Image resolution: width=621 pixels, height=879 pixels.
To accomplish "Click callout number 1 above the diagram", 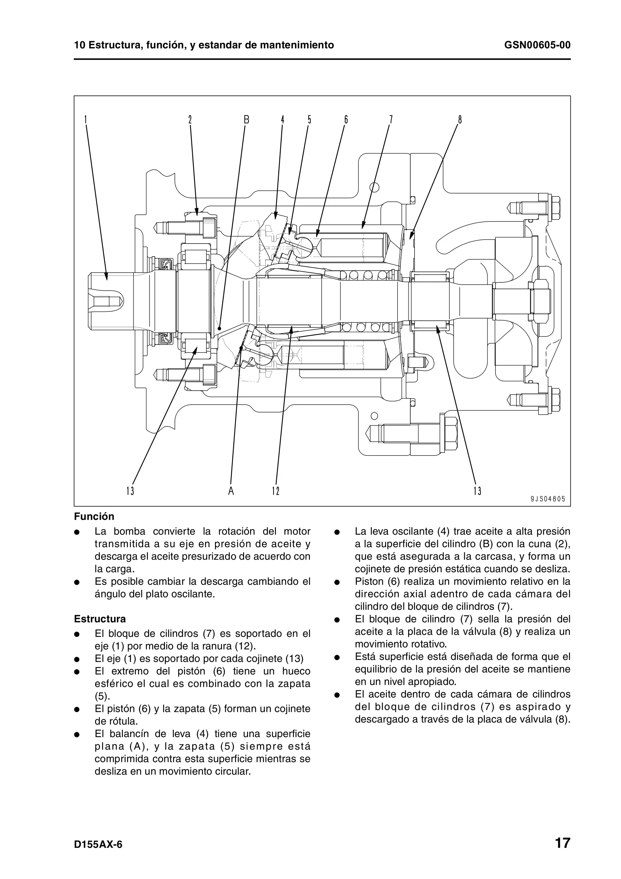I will coord(86,120).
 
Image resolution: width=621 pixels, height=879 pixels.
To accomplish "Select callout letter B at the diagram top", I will coord(247,120).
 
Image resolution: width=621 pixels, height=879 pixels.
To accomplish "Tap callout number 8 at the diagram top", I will coord(460,120).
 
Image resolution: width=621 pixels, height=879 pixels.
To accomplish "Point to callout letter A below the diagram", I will coord(231,491).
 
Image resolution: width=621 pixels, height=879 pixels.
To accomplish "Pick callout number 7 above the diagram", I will coord(391,120).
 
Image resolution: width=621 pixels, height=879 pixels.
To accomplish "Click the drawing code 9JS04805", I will coord(548,499).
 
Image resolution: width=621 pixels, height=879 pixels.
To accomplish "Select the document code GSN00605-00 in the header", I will coord(537,45).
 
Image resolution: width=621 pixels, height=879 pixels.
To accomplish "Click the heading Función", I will coord(94,517).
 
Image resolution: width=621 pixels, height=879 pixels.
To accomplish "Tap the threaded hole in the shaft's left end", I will coord(106,299).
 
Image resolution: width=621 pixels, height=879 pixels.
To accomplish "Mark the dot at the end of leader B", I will coord(220,328).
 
